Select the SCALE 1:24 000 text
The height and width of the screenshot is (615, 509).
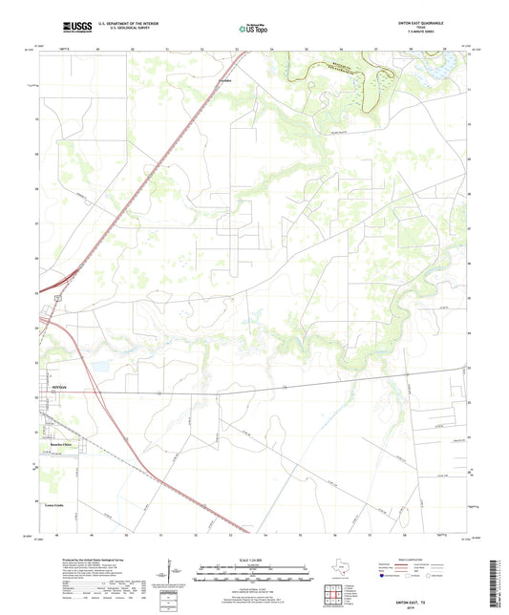click(x=253, y=562)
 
